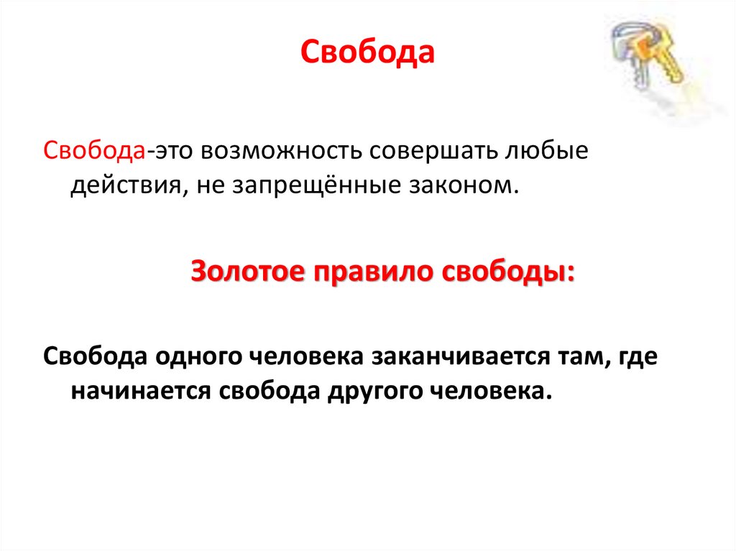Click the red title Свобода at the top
367,53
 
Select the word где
635,357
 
